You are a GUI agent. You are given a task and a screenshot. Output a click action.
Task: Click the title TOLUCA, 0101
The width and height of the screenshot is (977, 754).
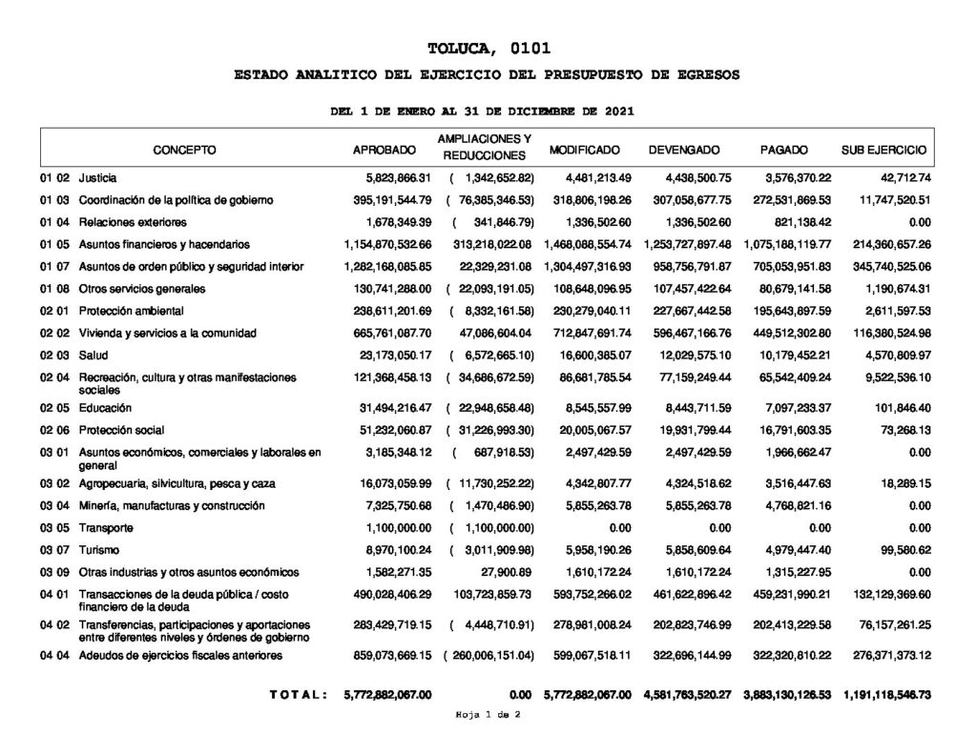point(489,48)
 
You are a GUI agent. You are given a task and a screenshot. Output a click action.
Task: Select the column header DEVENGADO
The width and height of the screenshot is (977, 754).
point(684,151)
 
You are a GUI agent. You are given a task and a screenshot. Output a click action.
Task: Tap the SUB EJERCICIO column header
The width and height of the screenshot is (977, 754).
point(883,151)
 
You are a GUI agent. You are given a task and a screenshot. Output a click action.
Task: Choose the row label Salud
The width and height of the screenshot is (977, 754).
point(94,355)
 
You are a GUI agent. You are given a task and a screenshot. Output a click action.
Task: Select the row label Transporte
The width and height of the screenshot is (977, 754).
point(106,528)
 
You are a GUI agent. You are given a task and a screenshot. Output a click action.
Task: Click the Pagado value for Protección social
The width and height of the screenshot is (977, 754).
point(792,430)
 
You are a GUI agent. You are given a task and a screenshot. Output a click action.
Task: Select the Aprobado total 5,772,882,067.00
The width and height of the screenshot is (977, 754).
point(387,696)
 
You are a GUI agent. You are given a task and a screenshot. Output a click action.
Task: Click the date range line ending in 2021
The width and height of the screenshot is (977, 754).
point(481,112)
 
